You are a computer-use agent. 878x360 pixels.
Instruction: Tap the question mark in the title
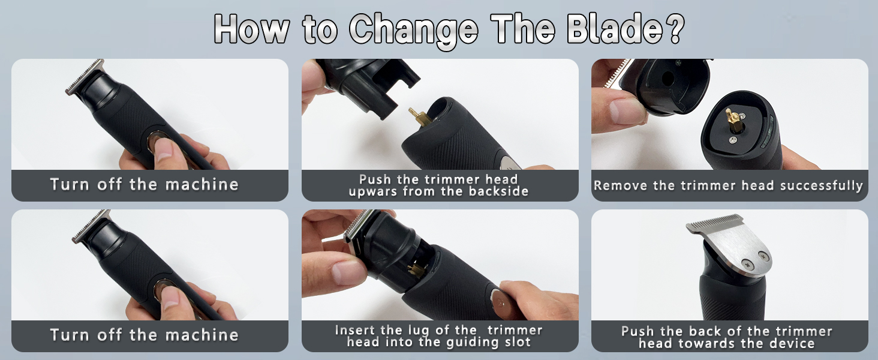672,28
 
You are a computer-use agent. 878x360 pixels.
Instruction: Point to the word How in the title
250,28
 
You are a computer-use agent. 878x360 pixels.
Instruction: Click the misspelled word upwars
378,192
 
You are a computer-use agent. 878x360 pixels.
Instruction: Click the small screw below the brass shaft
733,140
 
